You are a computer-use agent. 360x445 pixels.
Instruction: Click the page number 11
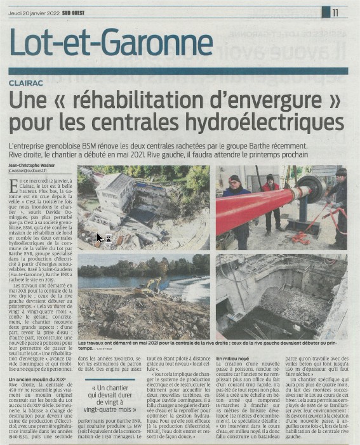coord(335,11)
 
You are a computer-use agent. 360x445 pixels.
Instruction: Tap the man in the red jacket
coord(272,197)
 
